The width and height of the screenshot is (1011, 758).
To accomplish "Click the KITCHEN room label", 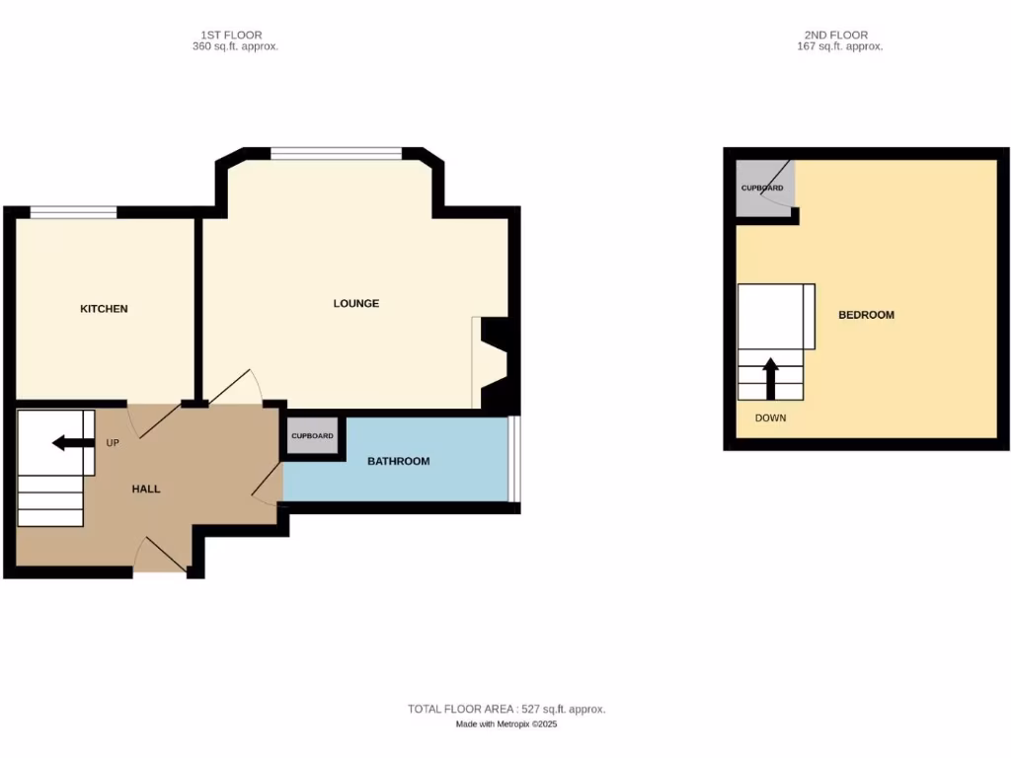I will click(104, 309).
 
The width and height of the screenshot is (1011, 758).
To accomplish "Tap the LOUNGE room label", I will click(356, 303).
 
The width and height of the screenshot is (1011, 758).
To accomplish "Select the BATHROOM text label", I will click(399, 461).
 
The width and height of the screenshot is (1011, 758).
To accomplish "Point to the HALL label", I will click(146, 489).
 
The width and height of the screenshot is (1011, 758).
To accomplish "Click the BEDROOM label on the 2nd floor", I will click(866, 315).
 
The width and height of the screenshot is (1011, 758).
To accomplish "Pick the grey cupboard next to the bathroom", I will click(312, 435).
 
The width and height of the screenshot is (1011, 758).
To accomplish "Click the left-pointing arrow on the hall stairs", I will click(68, 442).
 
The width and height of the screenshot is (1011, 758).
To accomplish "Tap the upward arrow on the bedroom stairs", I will click(770, 376).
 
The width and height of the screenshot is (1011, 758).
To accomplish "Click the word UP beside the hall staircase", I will click(113, 443).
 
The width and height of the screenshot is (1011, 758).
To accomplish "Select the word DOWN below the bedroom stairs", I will click(770, 418).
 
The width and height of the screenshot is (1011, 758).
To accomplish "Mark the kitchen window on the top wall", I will click(73, 211).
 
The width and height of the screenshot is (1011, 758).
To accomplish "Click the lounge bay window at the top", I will click(336, 153).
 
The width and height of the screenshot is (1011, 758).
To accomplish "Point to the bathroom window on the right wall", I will click(514, 459).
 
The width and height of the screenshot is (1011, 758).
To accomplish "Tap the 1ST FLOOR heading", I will click(231, 36).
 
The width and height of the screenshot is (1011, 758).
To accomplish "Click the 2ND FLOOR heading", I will click(835, 36).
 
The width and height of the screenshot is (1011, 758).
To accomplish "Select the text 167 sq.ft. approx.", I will click(839, 46).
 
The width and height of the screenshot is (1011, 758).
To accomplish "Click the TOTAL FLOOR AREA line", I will click(506, 709).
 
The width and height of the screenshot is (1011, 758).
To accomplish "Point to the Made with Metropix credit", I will click(506, 724).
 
